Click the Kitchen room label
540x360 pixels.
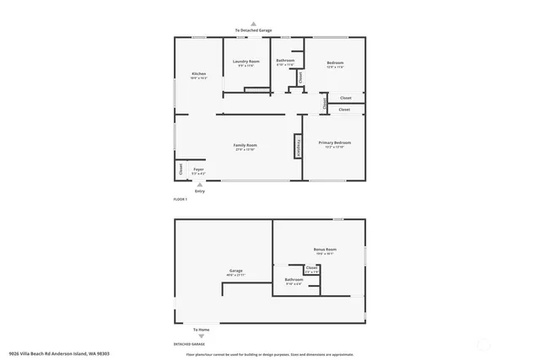coord(198,75)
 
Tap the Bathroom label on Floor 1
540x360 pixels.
coord(285,61)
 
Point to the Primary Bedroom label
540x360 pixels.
coord(334,143)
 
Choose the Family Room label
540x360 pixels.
coord(245,146)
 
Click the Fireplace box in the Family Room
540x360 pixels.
coord(297,146)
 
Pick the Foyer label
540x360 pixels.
coord(198,169)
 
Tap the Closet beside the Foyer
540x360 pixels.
coord(181,169)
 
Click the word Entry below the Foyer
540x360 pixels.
coord(200,191)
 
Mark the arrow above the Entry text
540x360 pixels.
coord(200,185)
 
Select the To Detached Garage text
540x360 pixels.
coord(253,31)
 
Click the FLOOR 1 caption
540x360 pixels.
coord(180,199)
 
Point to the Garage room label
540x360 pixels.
coord(235,271)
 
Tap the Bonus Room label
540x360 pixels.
coord(325,250)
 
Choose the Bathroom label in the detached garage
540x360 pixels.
coord(293,279)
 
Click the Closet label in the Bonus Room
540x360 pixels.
coord(311,269)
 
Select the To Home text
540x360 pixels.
coord(200,330)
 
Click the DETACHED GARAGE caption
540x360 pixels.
coord(189,345)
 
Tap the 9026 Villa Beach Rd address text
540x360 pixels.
coord(60,354)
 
